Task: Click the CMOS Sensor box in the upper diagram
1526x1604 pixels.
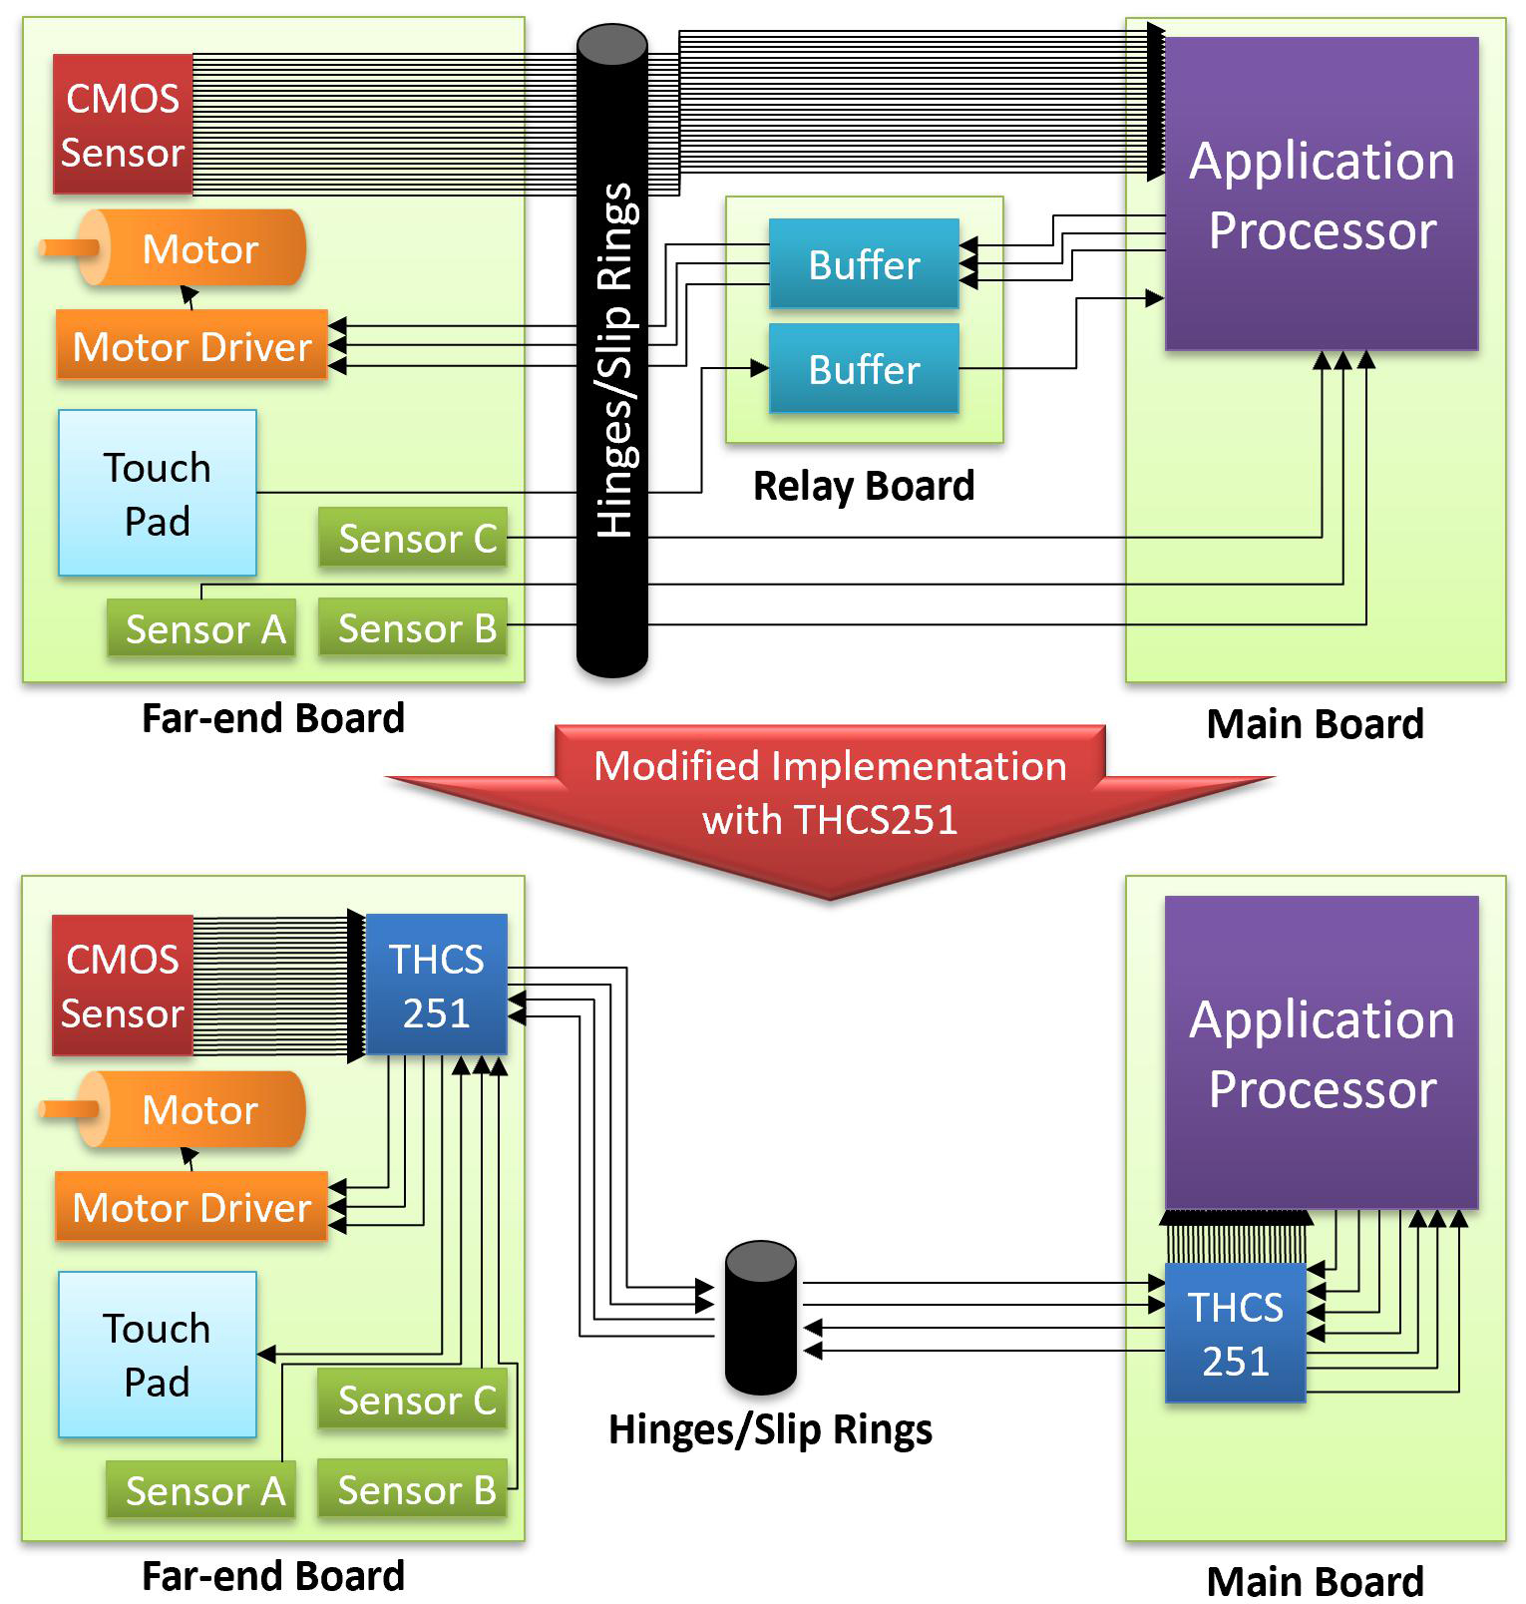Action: point(122,125)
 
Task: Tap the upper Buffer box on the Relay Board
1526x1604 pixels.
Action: point(864,264)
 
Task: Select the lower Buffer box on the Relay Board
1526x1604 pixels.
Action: point(864,369)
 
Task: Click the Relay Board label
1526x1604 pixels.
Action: point(864,486)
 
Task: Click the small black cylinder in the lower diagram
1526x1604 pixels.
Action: point(761,1317)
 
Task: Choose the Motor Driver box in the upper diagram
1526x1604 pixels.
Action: point(191,346)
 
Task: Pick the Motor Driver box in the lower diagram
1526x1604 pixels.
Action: point(191,1207)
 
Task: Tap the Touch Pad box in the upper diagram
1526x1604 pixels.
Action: point(158,494)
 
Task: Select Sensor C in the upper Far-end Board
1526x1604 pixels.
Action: point(414,539)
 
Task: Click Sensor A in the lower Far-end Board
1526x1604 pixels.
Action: point(202,1491)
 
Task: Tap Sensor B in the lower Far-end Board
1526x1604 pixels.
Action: point(414,1490)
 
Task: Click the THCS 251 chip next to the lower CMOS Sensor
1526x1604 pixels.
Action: point(437,986)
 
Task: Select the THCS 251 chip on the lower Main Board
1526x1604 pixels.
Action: point(1235,1334)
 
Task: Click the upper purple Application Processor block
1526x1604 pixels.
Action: point(1322,195)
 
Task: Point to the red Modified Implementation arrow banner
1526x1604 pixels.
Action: point(830,793)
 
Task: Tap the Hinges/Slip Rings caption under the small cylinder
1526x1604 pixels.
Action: point(770,1429)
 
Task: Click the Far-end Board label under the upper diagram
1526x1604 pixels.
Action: point(273,718)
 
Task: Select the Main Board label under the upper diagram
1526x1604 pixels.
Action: point(1315,724)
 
